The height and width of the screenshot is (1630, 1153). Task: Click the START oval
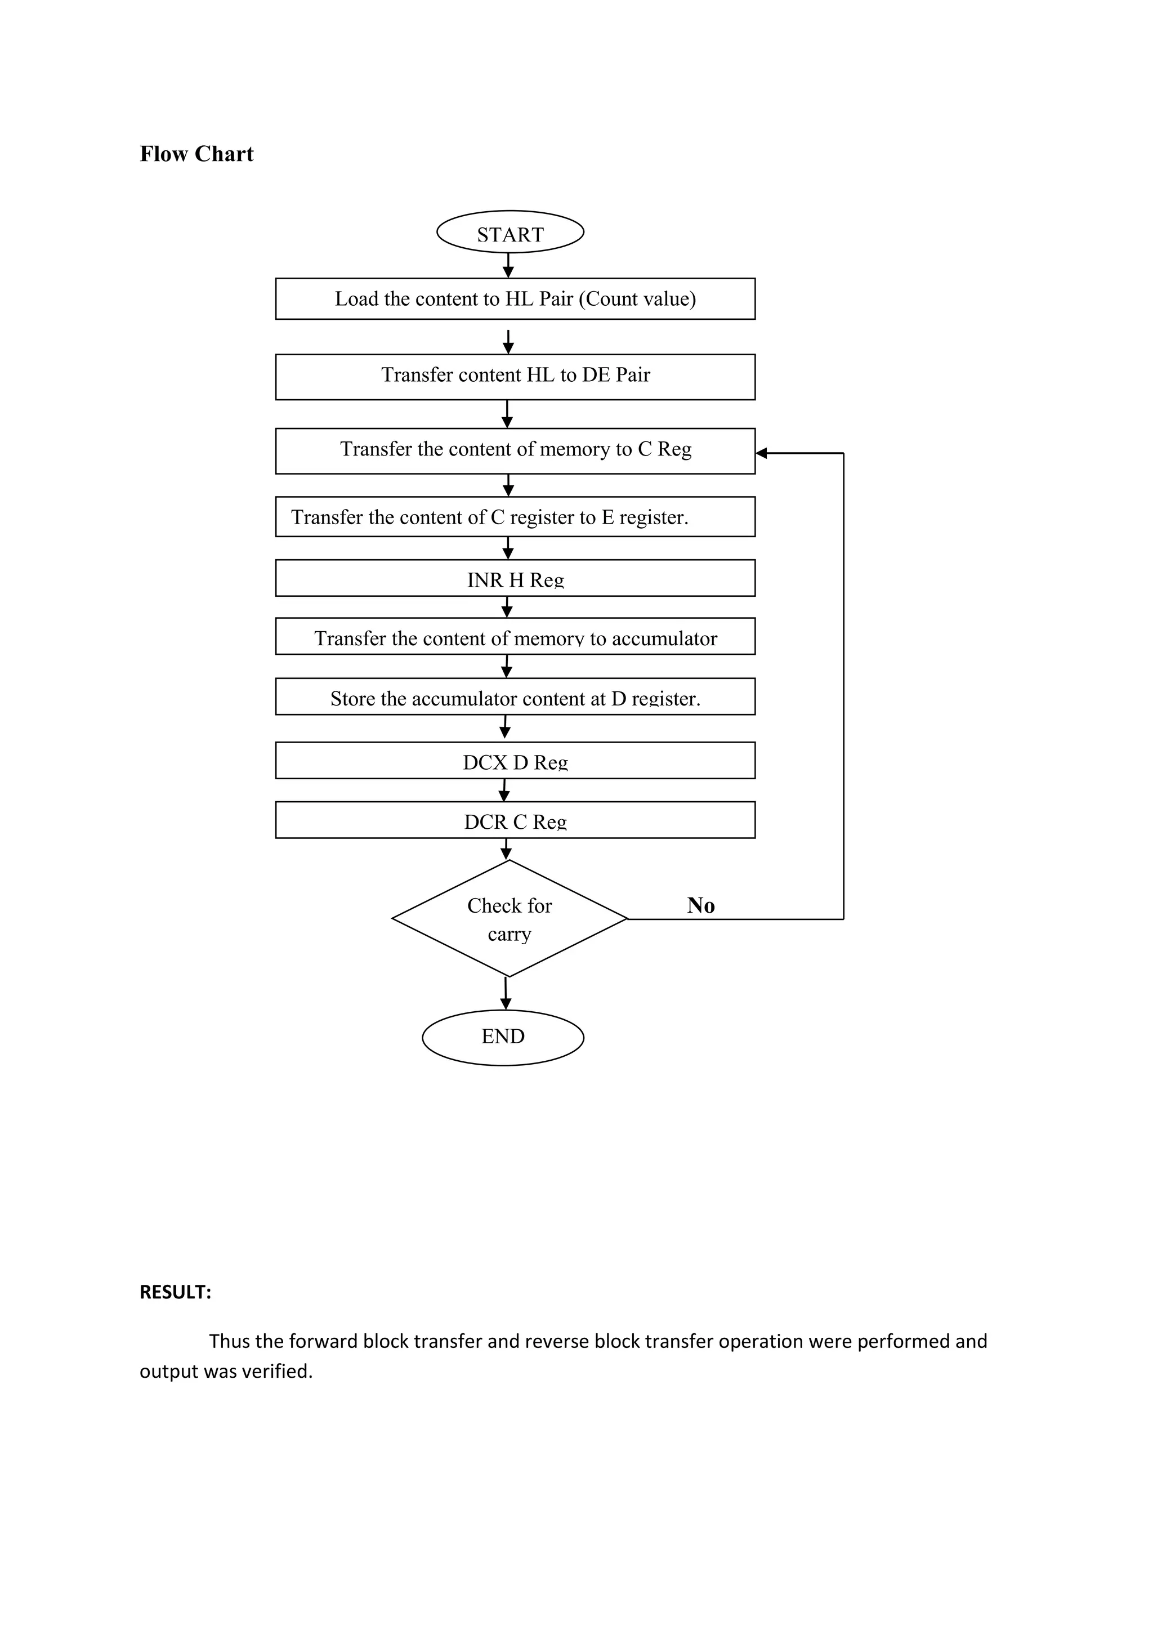click(510, 232)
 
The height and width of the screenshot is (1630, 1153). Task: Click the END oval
click(503, 1037)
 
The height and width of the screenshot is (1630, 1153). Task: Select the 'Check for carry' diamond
click(509, 919)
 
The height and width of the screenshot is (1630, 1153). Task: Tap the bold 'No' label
click(701, 905)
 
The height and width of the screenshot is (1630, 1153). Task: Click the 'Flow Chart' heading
click(196, 154)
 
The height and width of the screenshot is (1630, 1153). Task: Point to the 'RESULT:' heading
click(175, 1292)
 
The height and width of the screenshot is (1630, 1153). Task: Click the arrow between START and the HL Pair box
click(508, 266)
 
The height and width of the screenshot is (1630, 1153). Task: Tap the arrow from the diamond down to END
click(506, 994)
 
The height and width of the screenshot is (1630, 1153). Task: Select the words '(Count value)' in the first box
click(637, 299)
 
